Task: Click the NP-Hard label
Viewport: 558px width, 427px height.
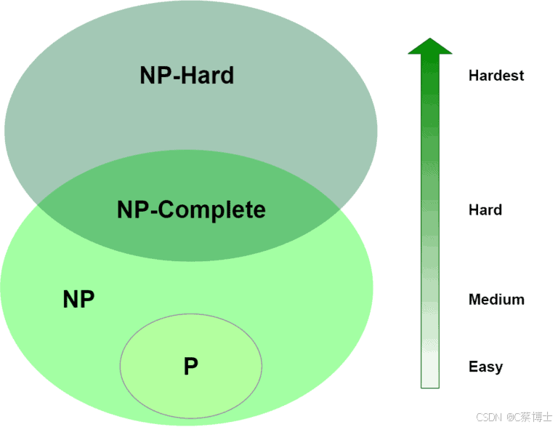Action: tap(187, 76)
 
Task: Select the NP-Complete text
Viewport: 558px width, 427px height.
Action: tap(191, 210)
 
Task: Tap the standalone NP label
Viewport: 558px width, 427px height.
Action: tap(78, 300)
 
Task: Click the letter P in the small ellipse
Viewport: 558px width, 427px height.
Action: tap(191, 366)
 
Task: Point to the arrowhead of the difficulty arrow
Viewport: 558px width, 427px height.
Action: tap(430, 45)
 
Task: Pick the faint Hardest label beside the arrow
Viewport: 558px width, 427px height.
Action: tap(496, 75)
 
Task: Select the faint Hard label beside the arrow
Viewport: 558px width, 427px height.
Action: tap(485, 209)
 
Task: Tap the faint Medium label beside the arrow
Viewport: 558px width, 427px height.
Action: tap(496, 299)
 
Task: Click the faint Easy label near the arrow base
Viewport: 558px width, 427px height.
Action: tap(485, 367)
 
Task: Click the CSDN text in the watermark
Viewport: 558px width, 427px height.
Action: tap(489, 417)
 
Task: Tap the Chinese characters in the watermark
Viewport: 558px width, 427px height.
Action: tap(533, 417)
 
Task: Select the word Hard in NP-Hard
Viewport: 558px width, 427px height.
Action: tap(207, 76)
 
